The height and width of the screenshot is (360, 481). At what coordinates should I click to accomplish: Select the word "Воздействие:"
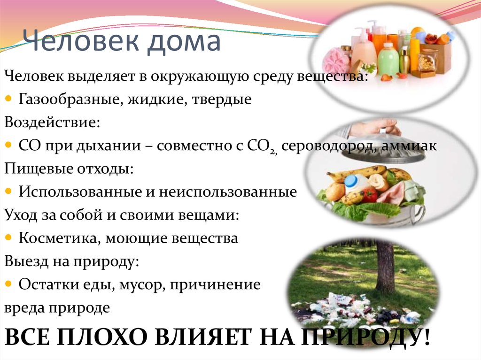pyautogui.click(x=52, y=123)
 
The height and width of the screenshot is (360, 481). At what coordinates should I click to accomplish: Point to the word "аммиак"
pyautogui.click(x=409, y=146)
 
